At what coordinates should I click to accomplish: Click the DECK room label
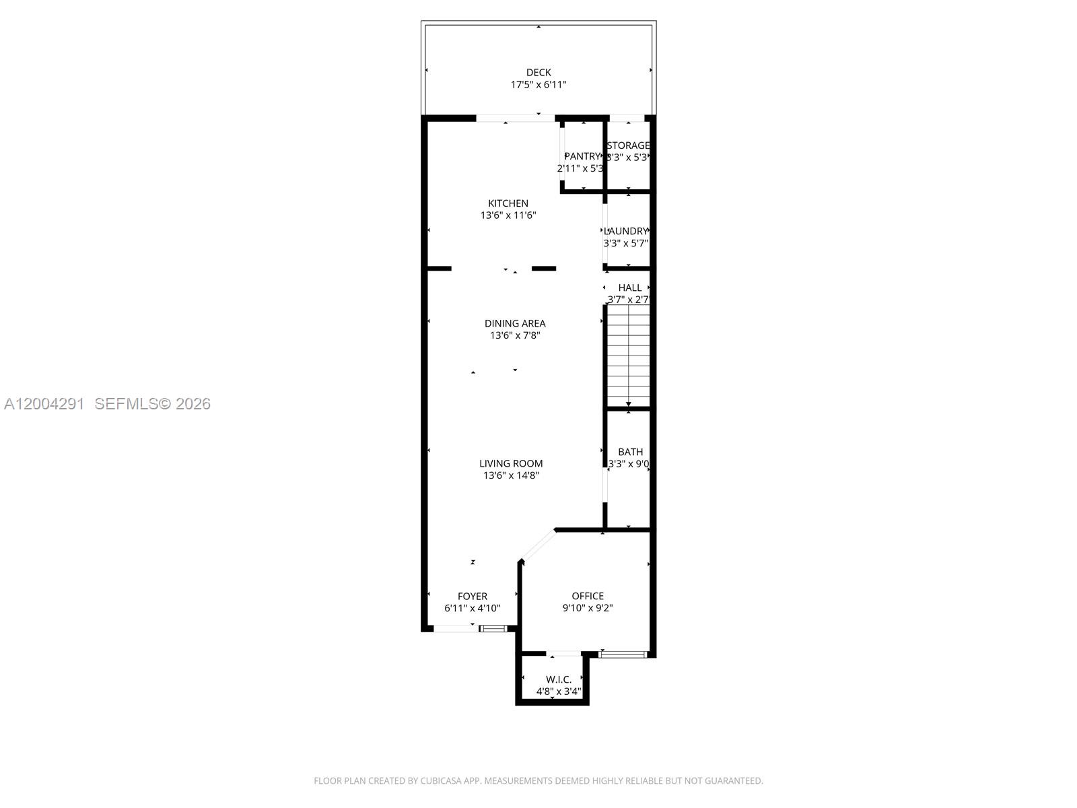(538, 72)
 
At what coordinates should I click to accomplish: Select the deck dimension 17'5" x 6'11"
(538, 85)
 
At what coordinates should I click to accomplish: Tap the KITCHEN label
(508, 203)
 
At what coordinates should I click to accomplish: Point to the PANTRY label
(582, 156)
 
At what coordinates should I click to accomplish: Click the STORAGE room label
(629, 145)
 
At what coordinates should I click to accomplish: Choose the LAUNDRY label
(627, 231)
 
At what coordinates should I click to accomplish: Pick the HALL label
(630, 288)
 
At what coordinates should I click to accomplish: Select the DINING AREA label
(515, 323)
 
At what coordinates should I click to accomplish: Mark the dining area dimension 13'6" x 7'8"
(515, 335)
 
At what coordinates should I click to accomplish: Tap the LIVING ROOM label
(511, 463)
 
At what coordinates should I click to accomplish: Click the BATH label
(630, 452)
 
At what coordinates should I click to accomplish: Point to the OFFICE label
(588, 596)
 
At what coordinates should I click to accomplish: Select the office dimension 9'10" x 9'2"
(588, 608)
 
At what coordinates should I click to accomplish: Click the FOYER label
(473, 596)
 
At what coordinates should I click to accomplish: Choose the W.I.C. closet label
(559, 679)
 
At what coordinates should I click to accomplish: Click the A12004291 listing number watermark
(44, 403)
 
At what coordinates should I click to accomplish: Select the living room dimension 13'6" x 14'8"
(511, 475)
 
